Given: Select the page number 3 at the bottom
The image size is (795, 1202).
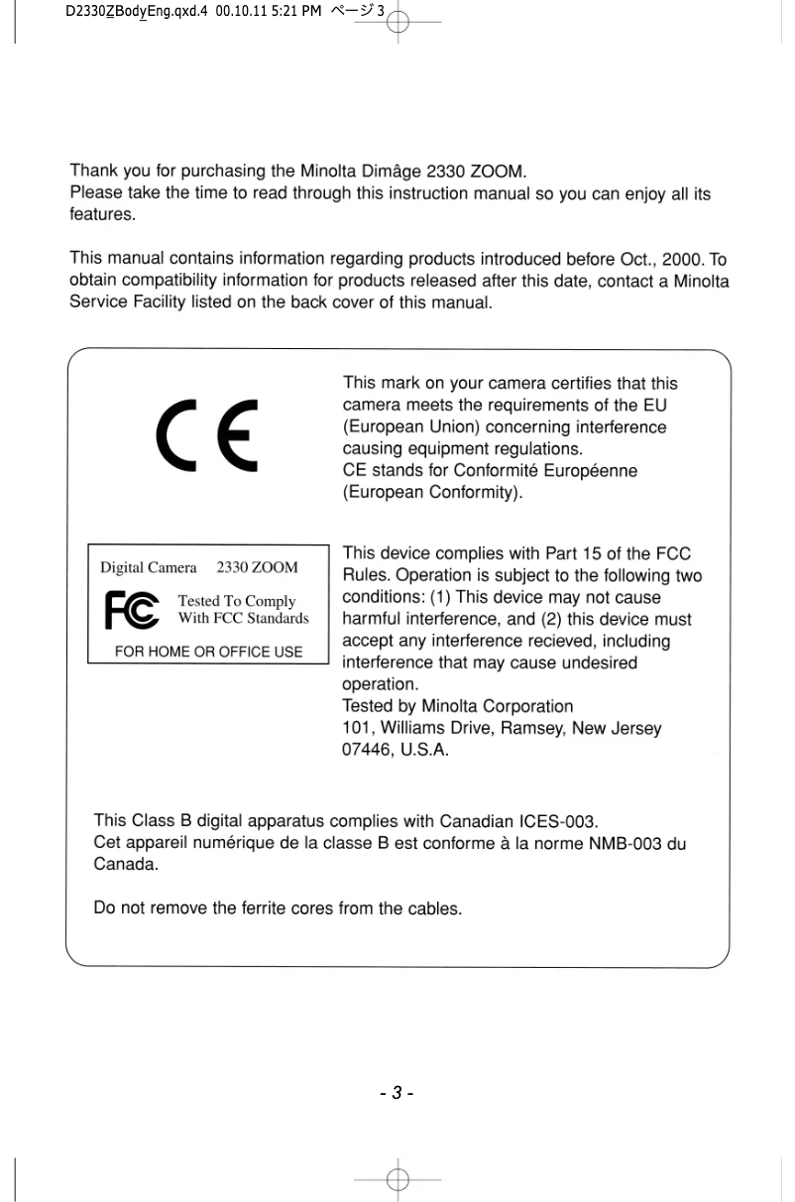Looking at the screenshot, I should [397, 1094].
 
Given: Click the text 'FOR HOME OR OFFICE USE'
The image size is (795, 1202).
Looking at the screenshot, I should [208, 652].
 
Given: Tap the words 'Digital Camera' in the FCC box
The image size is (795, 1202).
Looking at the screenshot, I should [149, 568].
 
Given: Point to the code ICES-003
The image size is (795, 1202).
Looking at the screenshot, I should [558, 821].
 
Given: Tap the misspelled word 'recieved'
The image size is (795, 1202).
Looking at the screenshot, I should [546, 641].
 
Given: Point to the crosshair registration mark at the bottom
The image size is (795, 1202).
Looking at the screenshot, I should [398, 1177].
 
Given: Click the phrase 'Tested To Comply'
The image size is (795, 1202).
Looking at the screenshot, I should [236, 601].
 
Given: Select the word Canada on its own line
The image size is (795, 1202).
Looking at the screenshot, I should [124, 865].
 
